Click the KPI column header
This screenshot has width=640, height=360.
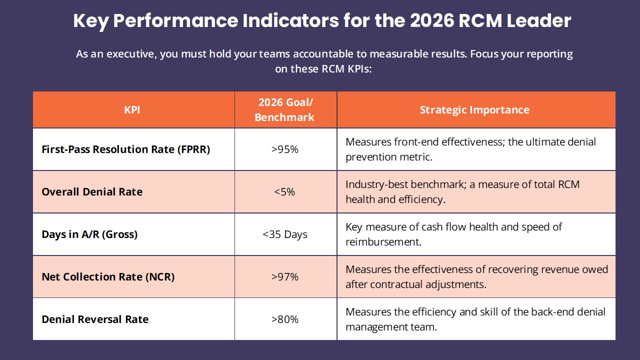tap(132, 110)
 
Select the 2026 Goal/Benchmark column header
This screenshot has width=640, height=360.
tap(285, 110)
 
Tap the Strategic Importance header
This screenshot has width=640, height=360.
tap(474, 110)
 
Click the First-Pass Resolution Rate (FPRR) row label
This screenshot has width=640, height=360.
tap(126, 149)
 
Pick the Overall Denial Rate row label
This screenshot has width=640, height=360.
tap(92, 192)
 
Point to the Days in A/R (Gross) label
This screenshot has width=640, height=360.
tap(89, 234)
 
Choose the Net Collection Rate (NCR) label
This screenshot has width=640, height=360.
tap(108, 277)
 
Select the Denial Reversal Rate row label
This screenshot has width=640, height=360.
tap(95, 319)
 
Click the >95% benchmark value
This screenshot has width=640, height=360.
tap(285, 149)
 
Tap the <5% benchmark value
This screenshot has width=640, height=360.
tap(285, 192)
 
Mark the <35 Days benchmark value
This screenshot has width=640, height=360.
tap(285, 234)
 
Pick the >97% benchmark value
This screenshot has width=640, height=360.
tap(285, 277)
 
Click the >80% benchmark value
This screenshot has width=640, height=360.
tap(285, 319)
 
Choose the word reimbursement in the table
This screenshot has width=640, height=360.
tap(382, 242)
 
